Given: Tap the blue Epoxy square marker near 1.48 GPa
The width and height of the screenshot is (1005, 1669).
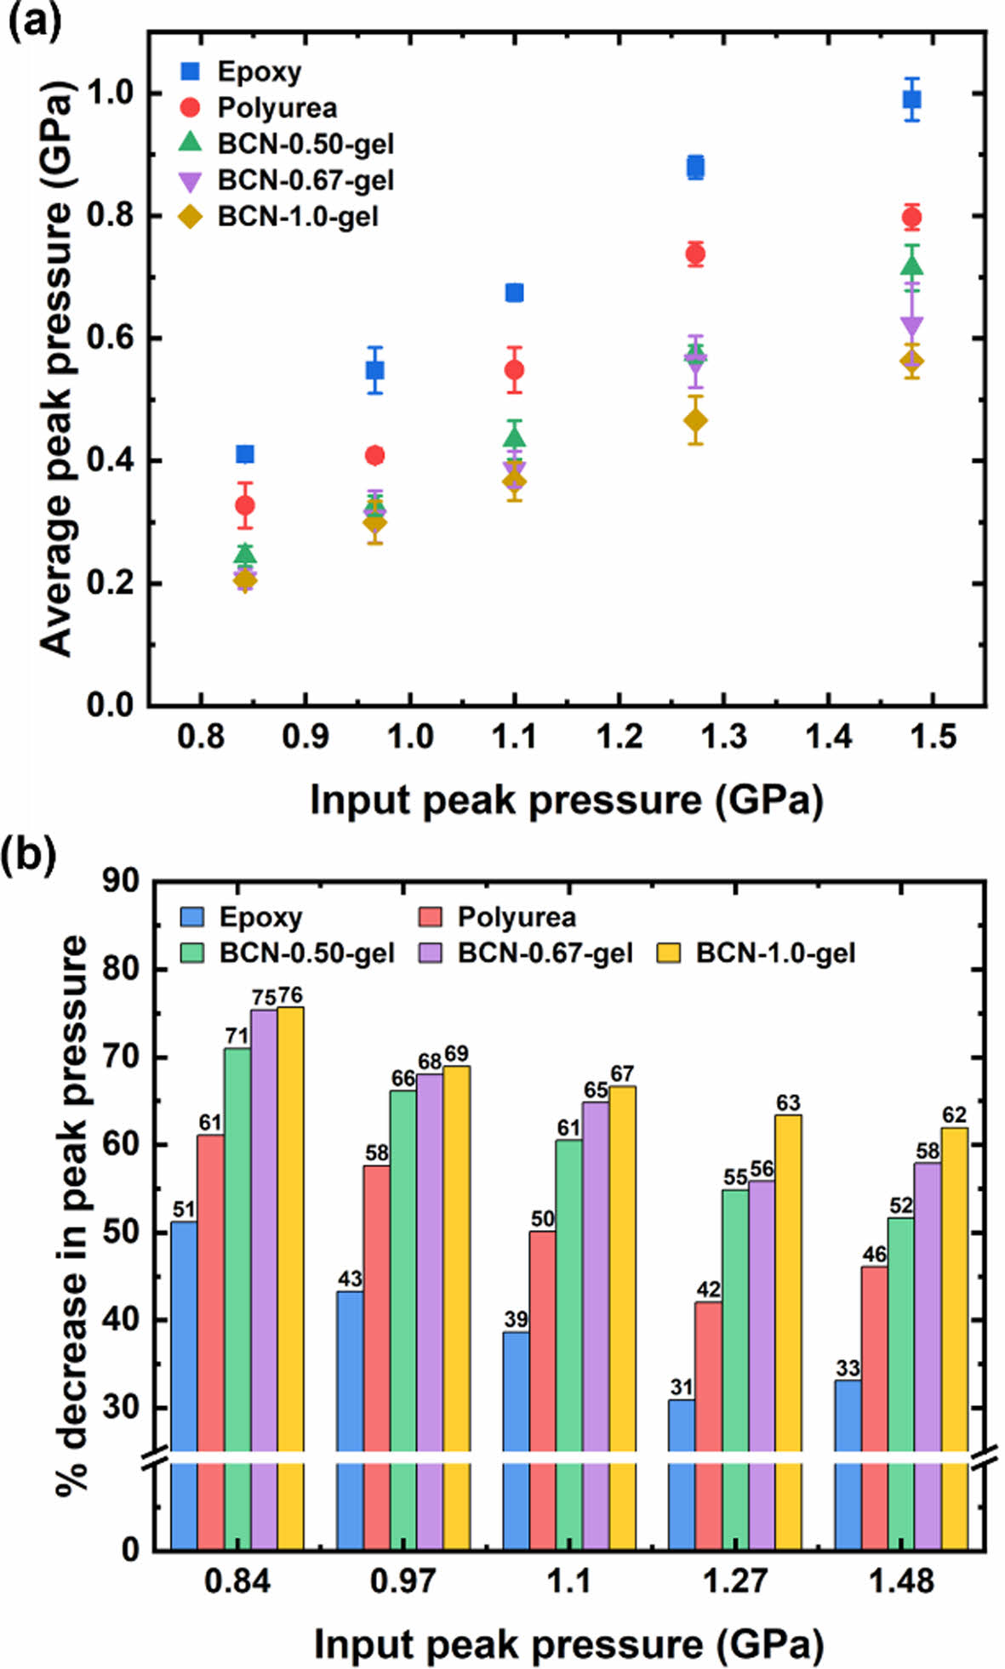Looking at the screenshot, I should pos(911,100).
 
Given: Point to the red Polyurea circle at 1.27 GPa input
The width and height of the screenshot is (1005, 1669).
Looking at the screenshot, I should pos(695,253).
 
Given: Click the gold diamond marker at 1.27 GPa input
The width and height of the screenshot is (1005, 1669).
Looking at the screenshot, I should pos(695,420).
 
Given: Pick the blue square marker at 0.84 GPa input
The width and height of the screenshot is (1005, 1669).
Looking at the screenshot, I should pos(245,454).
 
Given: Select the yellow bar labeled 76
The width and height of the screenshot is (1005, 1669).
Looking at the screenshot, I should pos(290,1233).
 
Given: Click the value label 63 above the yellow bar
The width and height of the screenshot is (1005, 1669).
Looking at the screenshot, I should pos(788,1103).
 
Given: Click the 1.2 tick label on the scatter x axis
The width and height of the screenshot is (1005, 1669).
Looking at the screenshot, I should pos(619,737).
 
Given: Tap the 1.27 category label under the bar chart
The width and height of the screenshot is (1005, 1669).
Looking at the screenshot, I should pos(734,1581).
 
